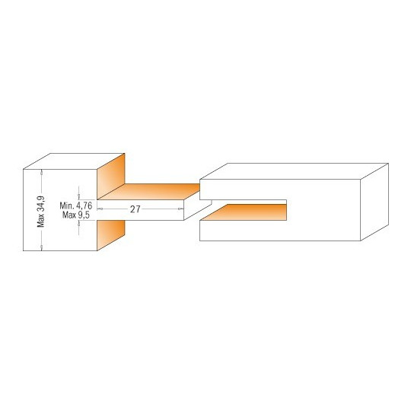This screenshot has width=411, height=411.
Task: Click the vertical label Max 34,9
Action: click(x=41, y=212)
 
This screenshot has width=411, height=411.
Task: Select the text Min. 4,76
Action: click(x=76, y=205)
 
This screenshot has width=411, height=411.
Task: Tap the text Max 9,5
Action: click(x=76, y=215)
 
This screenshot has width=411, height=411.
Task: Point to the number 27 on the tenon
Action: click(x=135, y=209)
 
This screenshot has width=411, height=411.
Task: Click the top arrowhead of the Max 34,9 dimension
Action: click(x=41, y=172)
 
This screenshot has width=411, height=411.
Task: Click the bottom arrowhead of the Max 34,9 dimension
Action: click(x=41, y=247)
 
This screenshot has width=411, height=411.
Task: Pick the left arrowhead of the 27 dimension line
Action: click(x=100, y=209)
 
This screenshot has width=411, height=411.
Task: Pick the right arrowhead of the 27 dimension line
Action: click(x=181, y=209)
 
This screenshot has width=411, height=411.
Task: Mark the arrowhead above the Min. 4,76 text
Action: click(x=78, y=197)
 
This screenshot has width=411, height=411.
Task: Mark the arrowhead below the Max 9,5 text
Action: click(x=78, y=223)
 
